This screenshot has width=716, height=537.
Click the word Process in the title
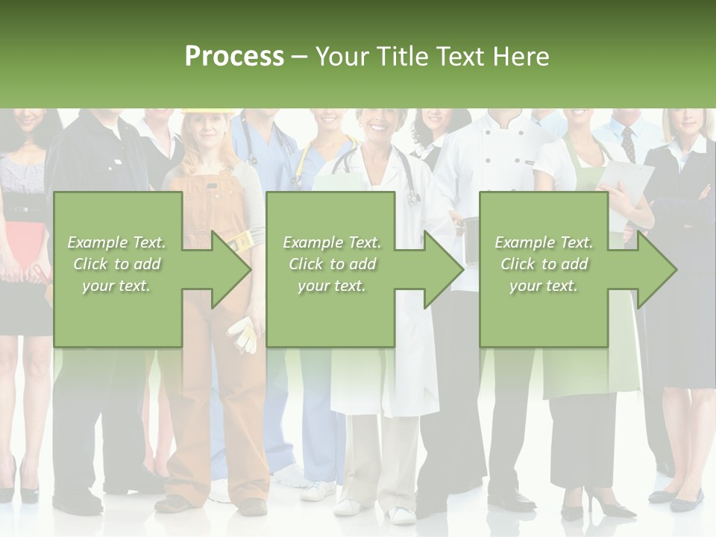coord(234,57)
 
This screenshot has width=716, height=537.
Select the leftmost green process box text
coord(116,263)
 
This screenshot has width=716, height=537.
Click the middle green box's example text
coord(332,263)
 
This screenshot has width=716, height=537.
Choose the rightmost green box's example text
coord(544,263)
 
